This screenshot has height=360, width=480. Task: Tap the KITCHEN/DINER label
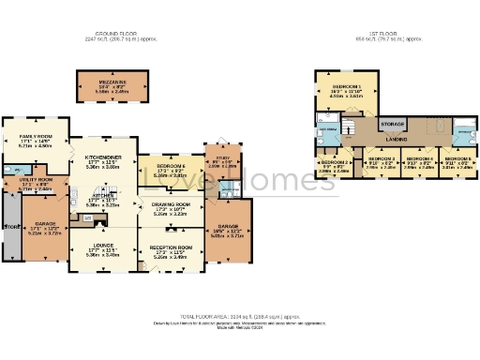tap(101, 157)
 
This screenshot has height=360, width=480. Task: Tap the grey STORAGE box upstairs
tap(393, 123)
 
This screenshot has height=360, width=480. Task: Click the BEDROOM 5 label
tap(457, 159)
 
